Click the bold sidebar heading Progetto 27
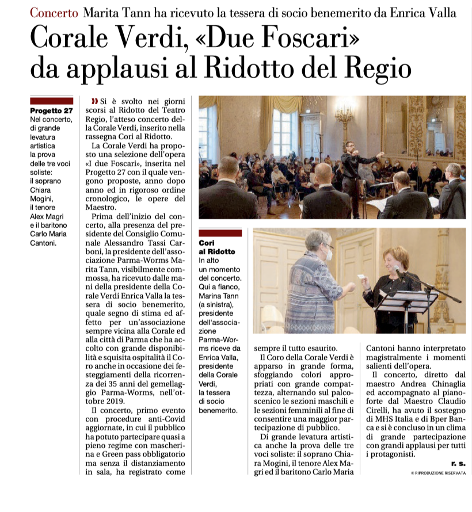click(51, 110)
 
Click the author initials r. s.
click(458, 463)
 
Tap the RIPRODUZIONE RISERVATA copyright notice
click(438, 472)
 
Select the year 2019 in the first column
click(121, 400)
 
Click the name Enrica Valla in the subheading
click(425, 13)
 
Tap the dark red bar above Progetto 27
click(51, 100)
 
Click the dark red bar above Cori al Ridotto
click(219, 233)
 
